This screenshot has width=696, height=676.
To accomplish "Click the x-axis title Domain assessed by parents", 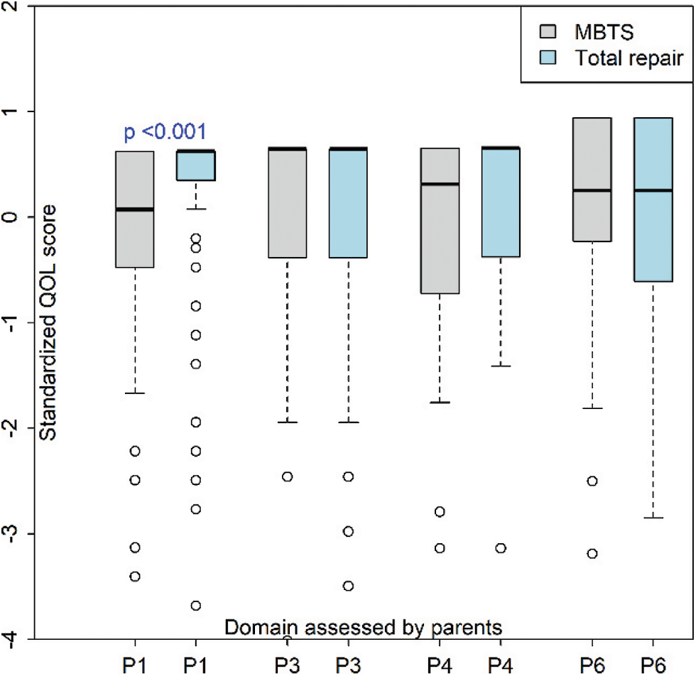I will coord(364,627).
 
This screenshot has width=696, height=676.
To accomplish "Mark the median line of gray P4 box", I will coord(440,184).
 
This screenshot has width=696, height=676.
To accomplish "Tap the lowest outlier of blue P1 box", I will coord(195,606).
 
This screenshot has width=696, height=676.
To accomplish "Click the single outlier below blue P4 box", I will coord(501,548).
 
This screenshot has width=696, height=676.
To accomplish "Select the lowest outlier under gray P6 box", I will coord(592,553).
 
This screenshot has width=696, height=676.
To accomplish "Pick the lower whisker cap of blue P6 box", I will coord(653,518).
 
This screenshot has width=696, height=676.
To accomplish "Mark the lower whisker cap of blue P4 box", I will coord(501,366).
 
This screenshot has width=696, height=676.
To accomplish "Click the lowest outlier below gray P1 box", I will coord(135,576).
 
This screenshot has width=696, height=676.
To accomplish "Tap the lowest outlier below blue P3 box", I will coord(348,586).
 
